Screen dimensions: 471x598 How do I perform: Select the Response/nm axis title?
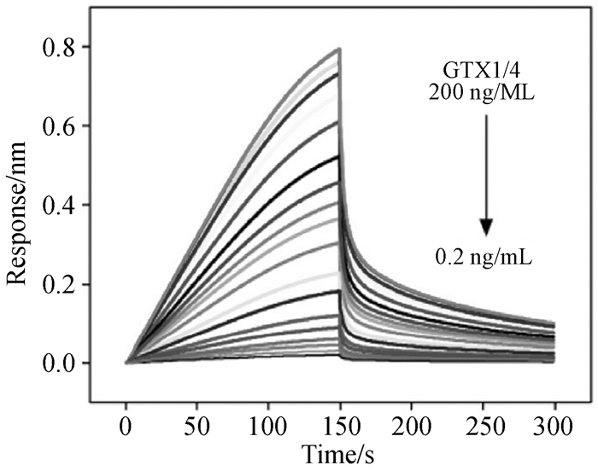(19, 205)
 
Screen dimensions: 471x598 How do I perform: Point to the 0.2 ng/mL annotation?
(484, 254)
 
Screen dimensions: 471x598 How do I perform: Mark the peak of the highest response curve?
(340, 49)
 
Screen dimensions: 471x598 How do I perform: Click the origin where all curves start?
(126, 363)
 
